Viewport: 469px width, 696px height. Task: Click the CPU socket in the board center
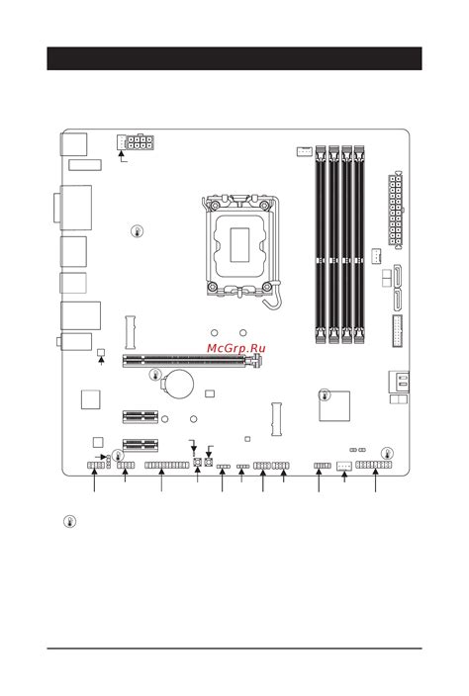click(x=242, y=242)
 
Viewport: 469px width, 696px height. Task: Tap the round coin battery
click(x=178, y=383)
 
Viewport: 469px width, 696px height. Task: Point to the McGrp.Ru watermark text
click(x=236, y=349)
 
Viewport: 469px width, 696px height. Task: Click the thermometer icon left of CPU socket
click(x=137, y=232)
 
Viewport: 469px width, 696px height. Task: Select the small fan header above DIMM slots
click(x=305, y=152)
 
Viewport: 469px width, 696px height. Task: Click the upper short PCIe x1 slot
click(x=141, y=416)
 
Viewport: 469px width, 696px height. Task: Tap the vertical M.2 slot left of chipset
click(x=276, y=419)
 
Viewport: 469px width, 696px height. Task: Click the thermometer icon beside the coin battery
click(x=154, y=375)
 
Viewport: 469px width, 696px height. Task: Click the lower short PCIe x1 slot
click(x=141, y=444)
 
